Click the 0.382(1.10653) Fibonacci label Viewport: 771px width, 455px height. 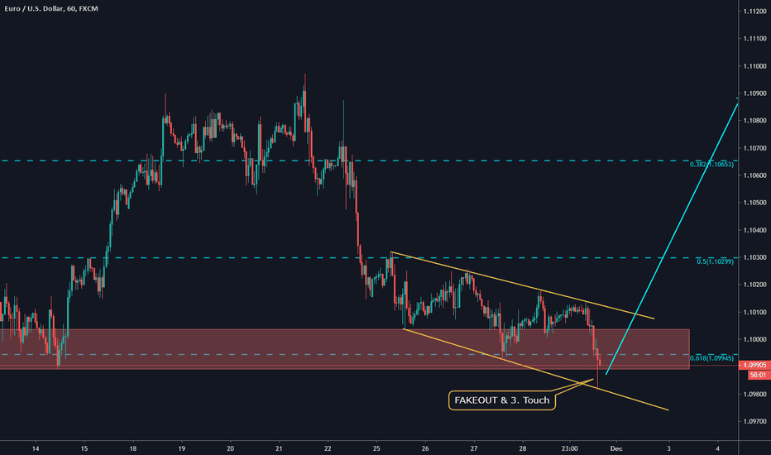click(711, 165)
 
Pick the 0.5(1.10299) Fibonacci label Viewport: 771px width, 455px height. click(715, 262)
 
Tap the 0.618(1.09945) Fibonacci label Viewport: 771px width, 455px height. click(711, 358)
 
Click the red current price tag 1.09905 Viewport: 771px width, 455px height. click(755, 365)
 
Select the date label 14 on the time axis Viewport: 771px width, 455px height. click(36, 448)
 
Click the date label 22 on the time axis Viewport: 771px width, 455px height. click(328, 448)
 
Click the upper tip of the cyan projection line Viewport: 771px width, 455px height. click(736, 98)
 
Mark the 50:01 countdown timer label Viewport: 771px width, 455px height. click(755, 375)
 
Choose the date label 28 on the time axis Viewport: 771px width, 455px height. click(522, 448)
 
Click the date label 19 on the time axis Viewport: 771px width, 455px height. click(181, 448)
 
